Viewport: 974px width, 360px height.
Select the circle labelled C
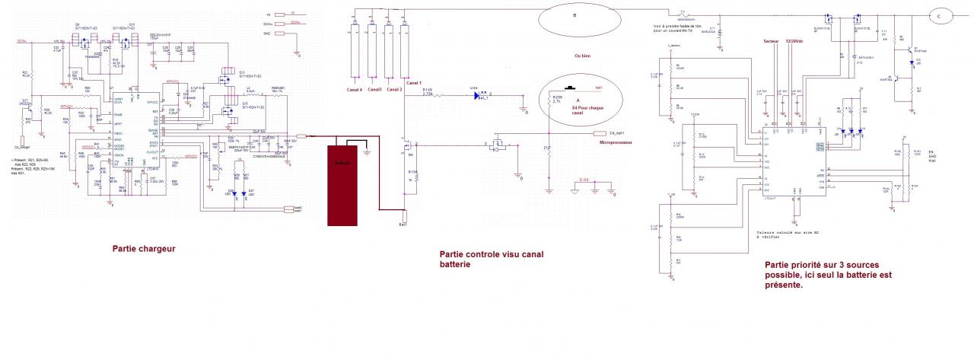tap(939, 16)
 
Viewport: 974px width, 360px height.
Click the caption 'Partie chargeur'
tap(144, 248)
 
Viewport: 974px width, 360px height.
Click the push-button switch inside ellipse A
tap(570, 88)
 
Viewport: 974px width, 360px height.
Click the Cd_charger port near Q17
tap(23, 140)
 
